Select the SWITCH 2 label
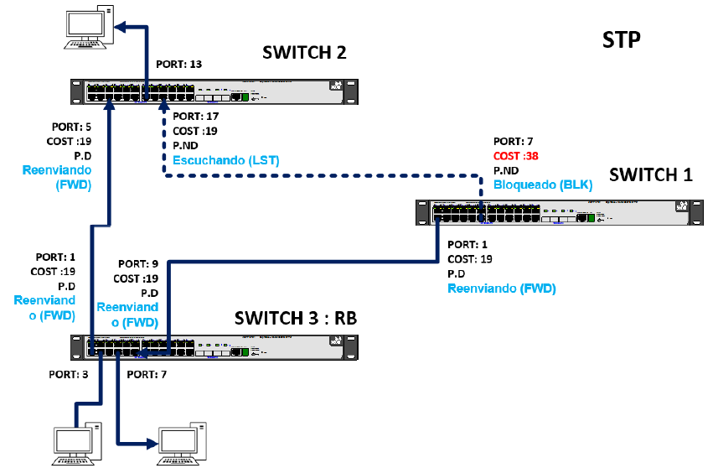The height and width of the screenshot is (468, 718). (304, 53)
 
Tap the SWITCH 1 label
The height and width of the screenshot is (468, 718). (651, 174)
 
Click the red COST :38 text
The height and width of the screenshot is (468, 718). (515, 156)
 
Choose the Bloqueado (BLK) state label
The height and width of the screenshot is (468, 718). (542, 185)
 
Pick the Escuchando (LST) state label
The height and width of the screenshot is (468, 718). (225, 159)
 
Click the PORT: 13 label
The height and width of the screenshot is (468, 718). (179, 64)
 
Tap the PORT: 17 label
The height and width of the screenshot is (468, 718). (195, 117)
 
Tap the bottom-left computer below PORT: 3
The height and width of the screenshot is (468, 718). (76, 444)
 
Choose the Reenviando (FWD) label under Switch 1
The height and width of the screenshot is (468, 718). (502, 289)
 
